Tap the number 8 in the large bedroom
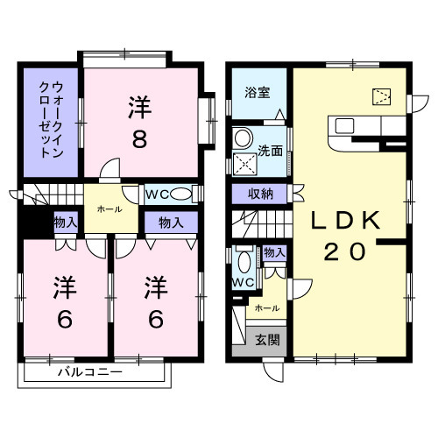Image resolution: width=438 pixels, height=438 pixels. pos(139,139)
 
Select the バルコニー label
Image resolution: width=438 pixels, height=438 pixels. pos(91,371)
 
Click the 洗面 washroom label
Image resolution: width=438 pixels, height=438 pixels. pos(271,150)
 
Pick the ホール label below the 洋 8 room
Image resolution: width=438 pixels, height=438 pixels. pos(109,210)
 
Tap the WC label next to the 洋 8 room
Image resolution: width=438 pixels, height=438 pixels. pos(158,194)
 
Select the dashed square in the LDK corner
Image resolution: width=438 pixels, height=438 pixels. pos(382,97)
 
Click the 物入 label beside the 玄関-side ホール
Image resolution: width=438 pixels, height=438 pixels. pos(275,253)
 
